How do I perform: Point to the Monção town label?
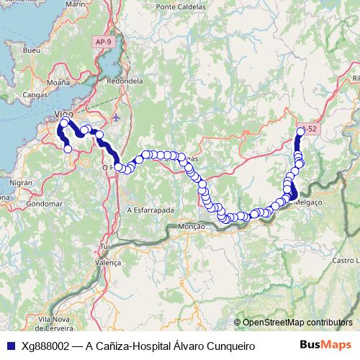point(191,226)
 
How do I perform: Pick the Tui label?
point(105,247)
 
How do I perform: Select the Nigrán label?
point(21,184)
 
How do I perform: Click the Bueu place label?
point(32,51)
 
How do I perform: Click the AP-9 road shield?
point(103,42)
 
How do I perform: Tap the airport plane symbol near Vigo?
point(117,117)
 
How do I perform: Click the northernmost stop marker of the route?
point(300,130)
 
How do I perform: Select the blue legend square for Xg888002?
point(9,346)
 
